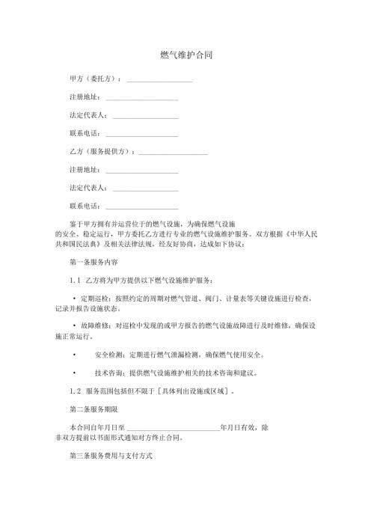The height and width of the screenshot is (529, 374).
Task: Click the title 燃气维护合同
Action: point(186,55)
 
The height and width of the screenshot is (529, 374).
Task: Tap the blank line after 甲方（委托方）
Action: point(159,80)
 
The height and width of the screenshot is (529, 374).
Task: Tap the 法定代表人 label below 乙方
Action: point(87,188)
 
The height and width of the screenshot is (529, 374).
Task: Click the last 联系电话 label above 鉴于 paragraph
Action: point(84,206)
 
